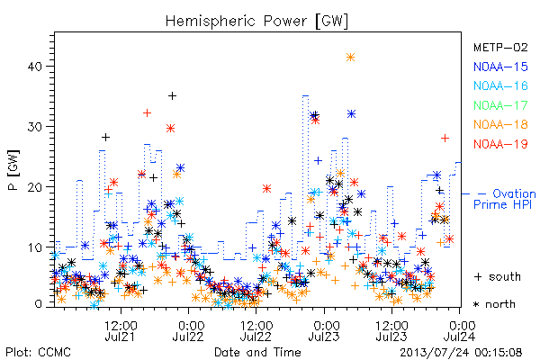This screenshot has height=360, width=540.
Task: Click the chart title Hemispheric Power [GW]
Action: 256,21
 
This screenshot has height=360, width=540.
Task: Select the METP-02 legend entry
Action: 500,47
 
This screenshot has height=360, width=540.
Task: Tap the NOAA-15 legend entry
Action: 500,67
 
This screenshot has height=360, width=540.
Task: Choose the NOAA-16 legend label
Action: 500,85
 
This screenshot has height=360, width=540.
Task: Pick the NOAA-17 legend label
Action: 500,105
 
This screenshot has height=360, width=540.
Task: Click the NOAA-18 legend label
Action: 500,124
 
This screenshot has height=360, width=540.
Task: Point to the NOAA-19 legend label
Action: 500,144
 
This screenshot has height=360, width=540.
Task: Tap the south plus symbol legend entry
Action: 498,276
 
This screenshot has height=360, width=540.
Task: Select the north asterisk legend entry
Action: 494,304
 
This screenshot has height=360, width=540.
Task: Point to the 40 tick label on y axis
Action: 34,66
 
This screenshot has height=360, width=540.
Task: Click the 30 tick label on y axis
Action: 34,126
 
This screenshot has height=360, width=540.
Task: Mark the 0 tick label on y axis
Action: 38,304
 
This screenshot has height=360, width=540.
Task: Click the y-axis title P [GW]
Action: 14,170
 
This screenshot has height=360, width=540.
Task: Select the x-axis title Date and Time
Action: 257,352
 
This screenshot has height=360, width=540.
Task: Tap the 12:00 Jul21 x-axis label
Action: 121,330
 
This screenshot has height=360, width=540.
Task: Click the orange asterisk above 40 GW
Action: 350,58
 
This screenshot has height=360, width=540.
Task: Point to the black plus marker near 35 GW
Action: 172,95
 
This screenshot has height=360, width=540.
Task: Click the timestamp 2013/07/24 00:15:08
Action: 461,353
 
